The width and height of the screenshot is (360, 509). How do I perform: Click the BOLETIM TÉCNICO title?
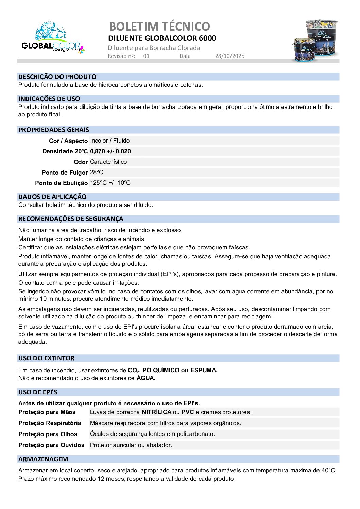(x=159, y=26)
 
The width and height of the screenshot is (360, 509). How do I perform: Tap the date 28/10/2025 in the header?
(x=229, y=56)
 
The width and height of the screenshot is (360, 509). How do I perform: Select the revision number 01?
(x=146, y=56)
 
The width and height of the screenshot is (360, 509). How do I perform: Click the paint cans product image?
(x=315, y=40)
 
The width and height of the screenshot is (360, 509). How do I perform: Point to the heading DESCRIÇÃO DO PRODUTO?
(x=57, y=77)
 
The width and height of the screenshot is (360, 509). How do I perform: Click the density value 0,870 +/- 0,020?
(x=110, y=151)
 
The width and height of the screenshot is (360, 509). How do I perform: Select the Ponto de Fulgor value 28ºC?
(x=97, y=173)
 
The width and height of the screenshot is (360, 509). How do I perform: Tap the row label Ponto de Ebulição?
(x=61, y=183)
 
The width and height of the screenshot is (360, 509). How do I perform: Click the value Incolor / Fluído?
(x=110, y=141)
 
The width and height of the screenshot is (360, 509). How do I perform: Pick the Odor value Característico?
(x=108, y=162)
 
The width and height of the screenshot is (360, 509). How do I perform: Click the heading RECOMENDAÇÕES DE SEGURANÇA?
(x=71, y=219)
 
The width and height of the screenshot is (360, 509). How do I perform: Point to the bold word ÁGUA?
(x=146, y=378)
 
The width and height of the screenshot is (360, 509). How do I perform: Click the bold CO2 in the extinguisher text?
(x=134, y=371)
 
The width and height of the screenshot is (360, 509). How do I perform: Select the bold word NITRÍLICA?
(x=156, y=412)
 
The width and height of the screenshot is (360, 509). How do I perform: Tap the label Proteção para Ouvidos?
(x=51, y=445)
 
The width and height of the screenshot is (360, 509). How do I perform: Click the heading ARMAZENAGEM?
(x=43, y=459)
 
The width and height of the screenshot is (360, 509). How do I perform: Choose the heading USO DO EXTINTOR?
(x=46, y=358)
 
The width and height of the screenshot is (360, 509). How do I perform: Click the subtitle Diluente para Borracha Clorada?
(x=154, y=48)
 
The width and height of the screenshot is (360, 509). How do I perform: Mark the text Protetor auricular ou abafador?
(x=131, y=445)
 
